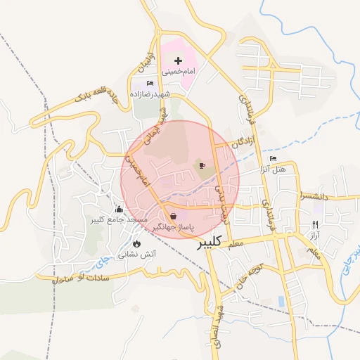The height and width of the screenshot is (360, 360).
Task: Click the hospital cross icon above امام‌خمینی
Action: pos(178,61)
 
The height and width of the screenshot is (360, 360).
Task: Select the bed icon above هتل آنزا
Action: pos(273,159)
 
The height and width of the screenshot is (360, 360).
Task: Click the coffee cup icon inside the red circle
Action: pos(202,166)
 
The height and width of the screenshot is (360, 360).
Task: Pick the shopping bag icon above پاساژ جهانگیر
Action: pos(173,215)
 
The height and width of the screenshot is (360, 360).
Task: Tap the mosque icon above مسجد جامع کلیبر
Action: pos(118,209)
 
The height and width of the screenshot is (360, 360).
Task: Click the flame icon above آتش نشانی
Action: pos(136,243)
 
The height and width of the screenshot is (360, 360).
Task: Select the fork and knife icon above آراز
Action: pos(315,224)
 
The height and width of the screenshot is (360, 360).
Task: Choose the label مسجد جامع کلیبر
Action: pos(117,220)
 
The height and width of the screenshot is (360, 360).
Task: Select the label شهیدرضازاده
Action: pos(148,94)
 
